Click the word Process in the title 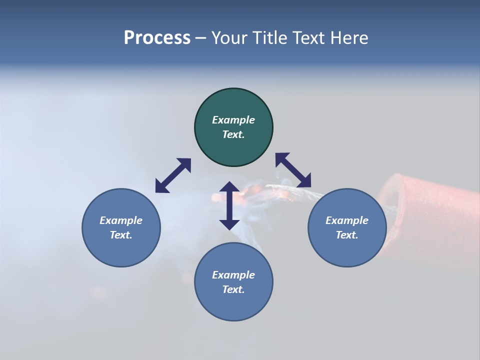pos(157,38)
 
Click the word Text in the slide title pos(309,38)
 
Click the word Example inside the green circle pos(233,120)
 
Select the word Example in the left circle pos(121,220)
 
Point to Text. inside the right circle pos(347,235)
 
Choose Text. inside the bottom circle pos(233,289)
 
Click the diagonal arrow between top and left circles pos(173,175)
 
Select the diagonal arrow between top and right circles pos(293,170)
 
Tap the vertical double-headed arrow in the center pos(229,205)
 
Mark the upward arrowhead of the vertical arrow pos(229,187)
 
